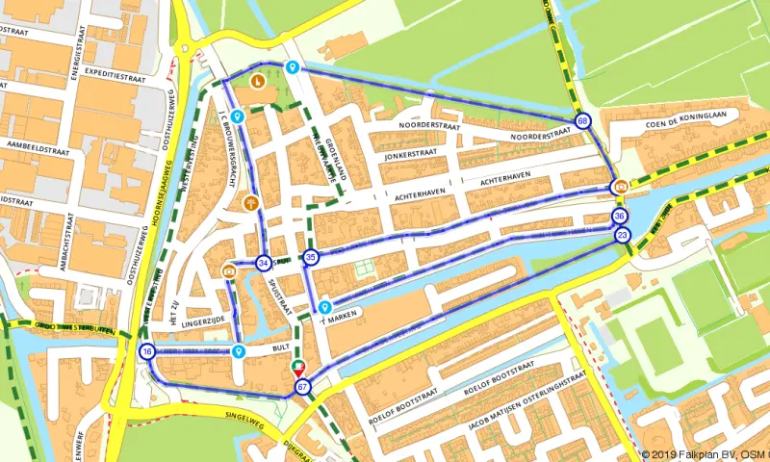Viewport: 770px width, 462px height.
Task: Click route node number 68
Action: [583, 120]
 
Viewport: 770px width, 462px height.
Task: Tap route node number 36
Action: [620, 217]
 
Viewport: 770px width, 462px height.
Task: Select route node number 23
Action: [623, 235]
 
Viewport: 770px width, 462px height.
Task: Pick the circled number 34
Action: [263, 262]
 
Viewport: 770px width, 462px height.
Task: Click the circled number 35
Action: [310, 257]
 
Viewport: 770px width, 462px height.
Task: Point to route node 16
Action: [146, 351]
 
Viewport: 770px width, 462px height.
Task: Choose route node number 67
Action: [303, 388]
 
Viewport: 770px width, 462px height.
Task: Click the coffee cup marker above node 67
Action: [298, 368]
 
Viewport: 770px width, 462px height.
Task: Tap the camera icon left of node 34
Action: [229, 270]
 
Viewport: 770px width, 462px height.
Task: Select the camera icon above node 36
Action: [622, 187]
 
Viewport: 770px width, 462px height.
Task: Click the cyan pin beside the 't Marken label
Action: [325, 304]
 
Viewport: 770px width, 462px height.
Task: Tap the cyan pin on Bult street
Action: [237, 350]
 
